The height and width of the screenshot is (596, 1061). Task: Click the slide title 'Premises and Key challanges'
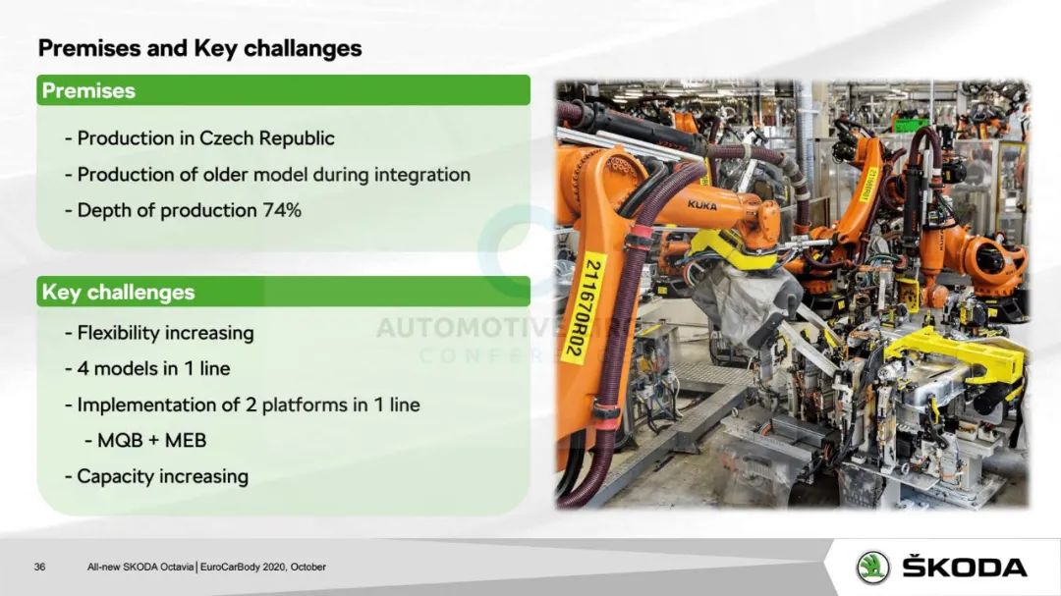point(199,49)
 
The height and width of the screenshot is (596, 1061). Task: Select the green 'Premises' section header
point(284,90)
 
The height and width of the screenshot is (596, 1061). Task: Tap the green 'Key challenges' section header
point(284,292)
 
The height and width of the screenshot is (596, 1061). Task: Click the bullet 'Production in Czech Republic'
point(199,138)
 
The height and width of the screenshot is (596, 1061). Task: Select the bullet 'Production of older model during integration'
point(267,175)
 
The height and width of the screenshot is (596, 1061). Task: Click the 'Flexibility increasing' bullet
point(159,333)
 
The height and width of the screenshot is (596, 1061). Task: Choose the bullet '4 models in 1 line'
point(147,368)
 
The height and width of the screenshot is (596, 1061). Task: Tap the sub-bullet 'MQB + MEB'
point(145,441)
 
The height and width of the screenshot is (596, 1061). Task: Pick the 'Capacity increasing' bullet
point(156,476)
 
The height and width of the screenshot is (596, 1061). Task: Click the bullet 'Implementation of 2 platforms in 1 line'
point(243,405)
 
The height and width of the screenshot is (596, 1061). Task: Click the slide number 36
point(40,567)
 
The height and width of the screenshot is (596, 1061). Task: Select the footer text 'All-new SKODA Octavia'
point(140,567)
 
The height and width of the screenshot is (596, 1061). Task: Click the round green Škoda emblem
point(873,567)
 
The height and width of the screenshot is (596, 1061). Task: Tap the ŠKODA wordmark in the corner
point(965,566)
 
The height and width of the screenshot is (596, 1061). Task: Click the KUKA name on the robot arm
point(701,204)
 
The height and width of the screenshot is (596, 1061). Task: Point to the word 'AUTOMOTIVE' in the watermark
point(467,328)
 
